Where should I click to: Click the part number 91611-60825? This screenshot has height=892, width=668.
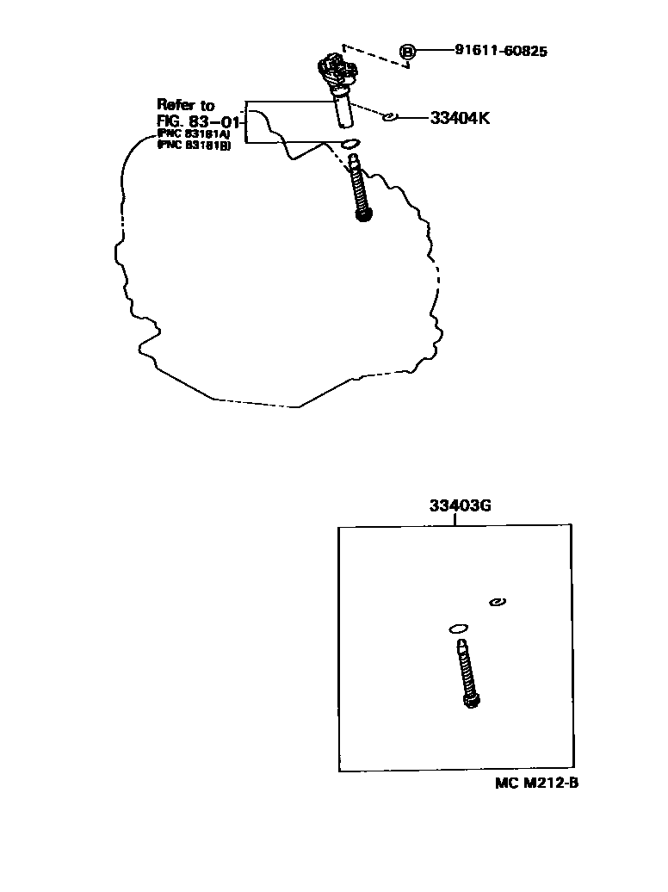coord(501,51)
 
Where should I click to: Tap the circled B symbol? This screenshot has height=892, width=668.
coord(408,52)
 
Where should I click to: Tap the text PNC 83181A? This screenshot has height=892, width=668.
coord(193,134)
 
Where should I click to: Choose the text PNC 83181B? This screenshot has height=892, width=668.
coord(193,146)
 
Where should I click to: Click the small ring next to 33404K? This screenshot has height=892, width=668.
coord(389,117)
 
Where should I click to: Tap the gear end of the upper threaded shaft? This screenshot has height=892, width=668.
coord(363,214)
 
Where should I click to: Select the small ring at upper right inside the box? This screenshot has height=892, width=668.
coord(497,602)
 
